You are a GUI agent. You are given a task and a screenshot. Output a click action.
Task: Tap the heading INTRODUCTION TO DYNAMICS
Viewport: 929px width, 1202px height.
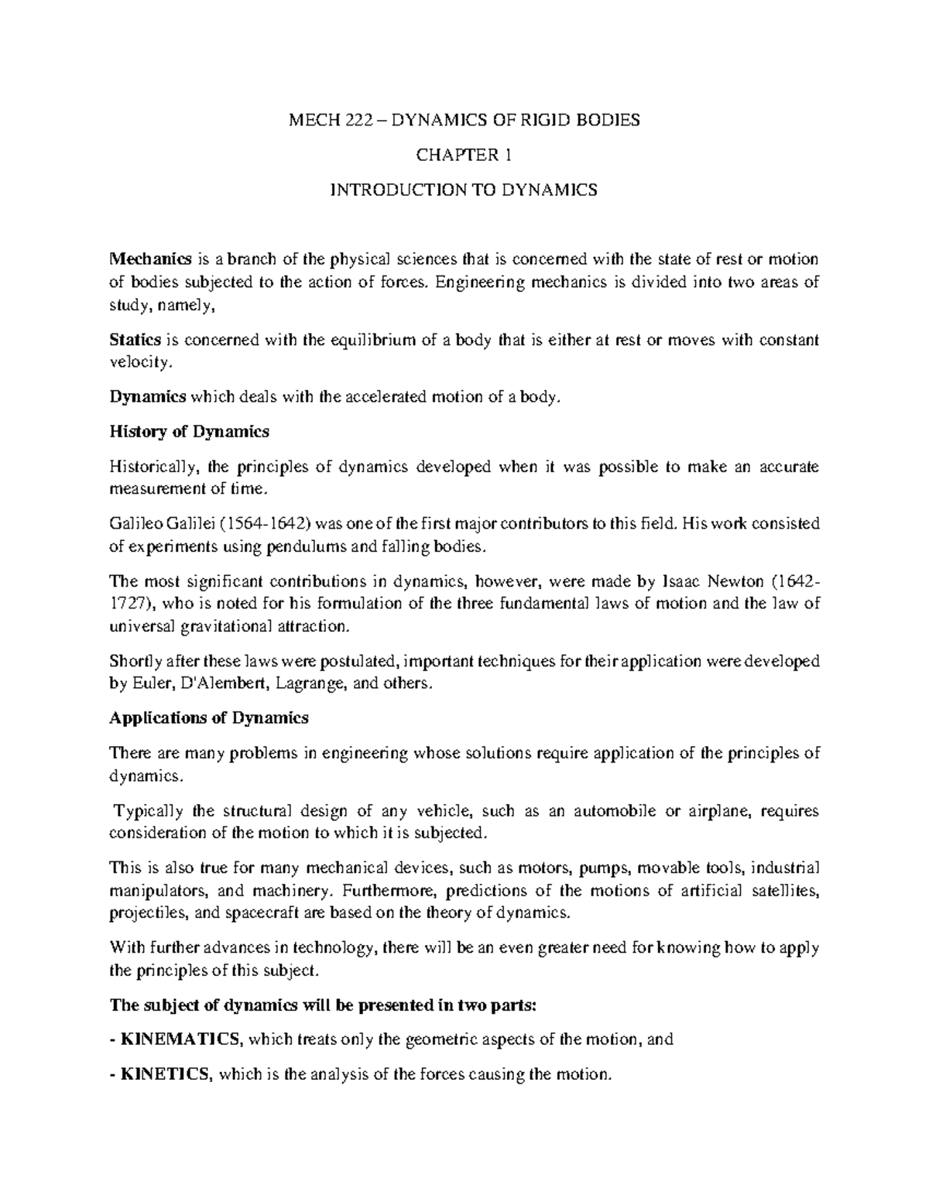(464, 190)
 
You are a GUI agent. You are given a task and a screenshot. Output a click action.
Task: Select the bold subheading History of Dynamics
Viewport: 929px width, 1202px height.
(190, 432)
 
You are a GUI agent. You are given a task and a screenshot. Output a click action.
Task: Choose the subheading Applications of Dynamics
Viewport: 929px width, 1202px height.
(209, 718)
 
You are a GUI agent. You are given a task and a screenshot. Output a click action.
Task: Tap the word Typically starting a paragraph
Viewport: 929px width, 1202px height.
(149, 810)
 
